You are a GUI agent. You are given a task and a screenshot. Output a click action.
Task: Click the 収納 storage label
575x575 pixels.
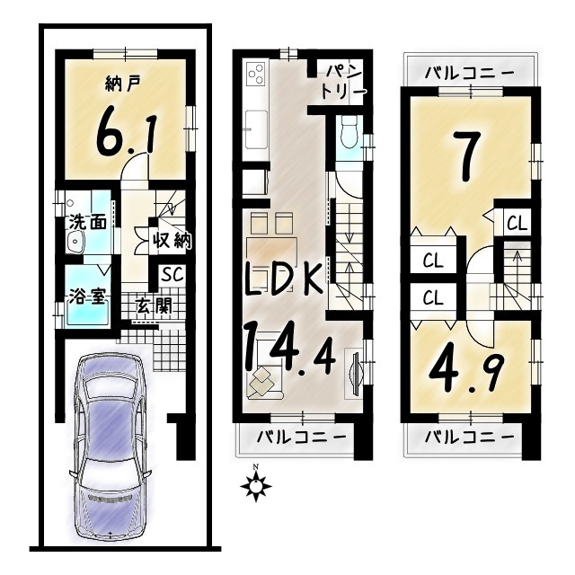coord(170,241)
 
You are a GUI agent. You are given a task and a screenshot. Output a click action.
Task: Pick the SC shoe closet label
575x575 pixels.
coord(172,274)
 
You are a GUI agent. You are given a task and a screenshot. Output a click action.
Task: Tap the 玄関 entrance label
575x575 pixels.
coord(154,305)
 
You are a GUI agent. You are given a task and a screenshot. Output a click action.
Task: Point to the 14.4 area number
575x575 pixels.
coord(290,351)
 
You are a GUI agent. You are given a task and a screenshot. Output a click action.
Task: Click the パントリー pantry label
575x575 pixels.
coord(344,82)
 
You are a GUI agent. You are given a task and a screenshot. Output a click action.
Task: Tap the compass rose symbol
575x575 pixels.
coord(259,486)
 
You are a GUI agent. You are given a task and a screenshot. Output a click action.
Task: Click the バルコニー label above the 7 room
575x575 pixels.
coord(469,72)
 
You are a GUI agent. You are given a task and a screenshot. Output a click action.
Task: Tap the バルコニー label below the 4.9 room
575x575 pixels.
coord(469,438)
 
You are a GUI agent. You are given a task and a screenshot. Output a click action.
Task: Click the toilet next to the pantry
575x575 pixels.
coord(348,135)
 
